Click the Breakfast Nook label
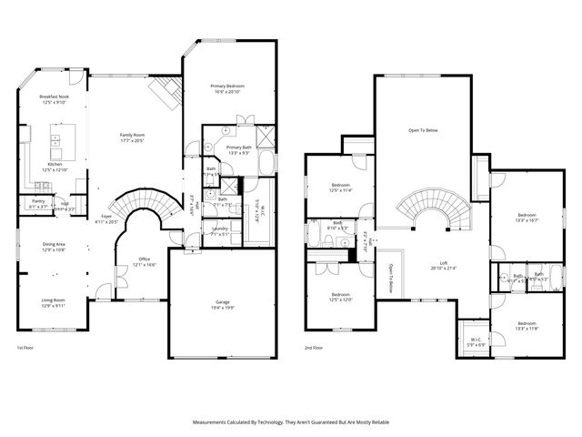(53, 99)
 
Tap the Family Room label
(133, 137)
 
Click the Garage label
(223, 305)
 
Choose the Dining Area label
(54, 246)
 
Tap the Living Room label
(54, 302)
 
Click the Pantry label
(38, 203)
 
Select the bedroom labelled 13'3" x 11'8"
(527, 326)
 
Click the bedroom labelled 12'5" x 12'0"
(340, 297)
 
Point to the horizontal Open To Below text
(423, 131)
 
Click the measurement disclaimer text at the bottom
(290, 422)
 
